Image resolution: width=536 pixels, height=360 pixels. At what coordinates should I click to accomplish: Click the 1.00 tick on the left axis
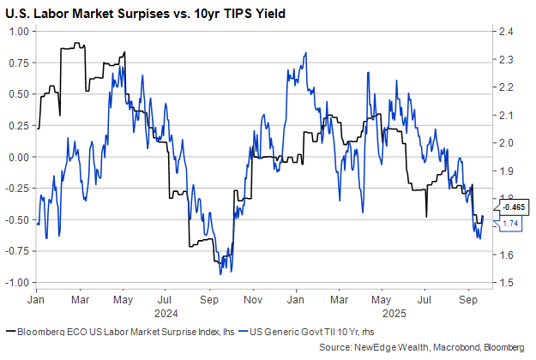[x=19, y=32]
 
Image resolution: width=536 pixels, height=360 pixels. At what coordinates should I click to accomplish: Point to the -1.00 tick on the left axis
[x=17, y=282]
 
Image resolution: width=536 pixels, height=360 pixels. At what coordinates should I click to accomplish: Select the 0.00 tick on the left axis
[x=19, y=157]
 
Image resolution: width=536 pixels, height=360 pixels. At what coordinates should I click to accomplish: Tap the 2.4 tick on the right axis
[x=503, y=32]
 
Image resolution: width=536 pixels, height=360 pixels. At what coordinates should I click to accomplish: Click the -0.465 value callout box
[x=513, y=207]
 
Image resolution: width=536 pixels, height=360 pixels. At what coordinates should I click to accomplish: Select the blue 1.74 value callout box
[x=511, y=223]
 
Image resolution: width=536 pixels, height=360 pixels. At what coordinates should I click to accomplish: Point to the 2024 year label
[x=166, y=314]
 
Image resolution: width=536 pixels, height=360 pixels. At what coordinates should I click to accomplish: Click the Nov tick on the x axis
[x=252, y=301]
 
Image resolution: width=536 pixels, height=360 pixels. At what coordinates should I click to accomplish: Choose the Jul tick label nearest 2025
[x=425, y=301]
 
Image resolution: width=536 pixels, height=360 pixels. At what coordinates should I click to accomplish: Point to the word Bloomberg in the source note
[x=498, y=346]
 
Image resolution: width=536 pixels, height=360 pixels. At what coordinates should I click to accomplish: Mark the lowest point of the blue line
[x=220, y=273]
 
